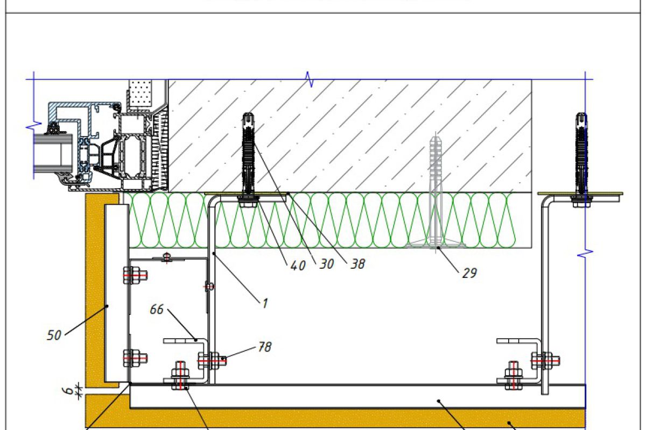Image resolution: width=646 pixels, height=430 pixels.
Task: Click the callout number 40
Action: [x=298, y=266]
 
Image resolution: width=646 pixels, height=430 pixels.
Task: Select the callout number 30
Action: [x=327, y=264]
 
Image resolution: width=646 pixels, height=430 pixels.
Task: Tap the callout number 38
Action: [x=357, y=264]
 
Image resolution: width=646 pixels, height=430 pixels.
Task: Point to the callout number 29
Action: [x=469, y=273]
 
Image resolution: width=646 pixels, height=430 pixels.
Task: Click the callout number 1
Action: [x=264, y=303]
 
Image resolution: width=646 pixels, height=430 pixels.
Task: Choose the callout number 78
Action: [x=264, y=347]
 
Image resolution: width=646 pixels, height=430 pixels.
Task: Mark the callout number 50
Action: [x=54, y=336]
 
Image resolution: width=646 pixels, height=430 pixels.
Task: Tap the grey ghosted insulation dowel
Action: [x=437, y=193]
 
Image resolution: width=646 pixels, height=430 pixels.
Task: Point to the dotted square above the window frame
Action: [x=142, y=92]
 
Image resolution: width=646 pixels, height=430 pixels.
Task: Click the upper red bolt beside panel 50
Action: [x=135, y=276]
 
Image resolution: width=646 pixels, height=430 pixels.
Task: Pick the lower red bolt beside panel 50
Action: [x=135, y=357]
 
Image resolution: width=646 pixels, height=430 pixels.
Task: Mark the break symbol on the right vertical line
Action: [x=585, y=252]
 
